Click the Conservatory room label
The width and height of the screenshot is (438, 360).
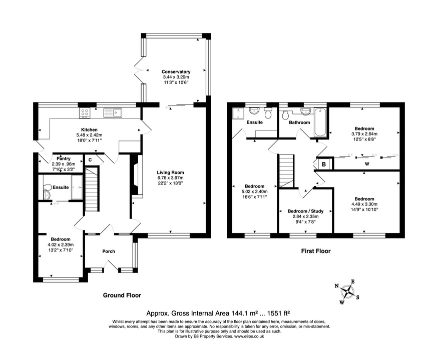click(x=176, y=72)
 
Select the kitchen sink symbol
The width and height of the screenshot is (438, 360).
click(x=112, y=113)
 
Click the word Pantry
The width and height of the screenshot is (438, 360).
click(x=63, y=159)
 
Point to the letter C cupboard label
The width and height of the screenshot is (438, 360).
click(x=90, y=159)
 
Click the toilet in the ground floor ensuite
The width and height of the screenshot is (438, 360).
click(x=47, y=192)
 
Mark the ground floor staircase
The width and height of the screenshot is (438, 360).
click(x=91, y=190)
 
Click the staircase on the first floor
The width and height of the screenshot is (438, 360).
click(x=286, y=170)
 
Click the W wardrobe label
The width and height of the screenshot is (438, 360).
click(x=367, y=163)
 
